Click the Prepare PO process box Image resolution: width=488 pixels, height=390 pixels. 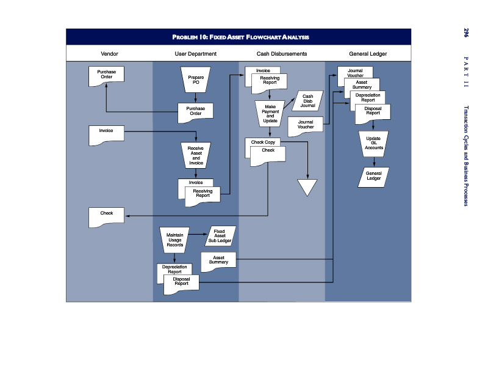(195, 80)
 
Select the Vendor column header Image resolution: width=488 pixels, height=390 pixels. (109, 54)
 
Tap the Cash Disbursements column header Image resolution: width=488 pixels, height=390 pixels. (282, 54)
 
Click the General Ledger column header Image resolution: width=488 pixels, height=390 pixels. (368, 54)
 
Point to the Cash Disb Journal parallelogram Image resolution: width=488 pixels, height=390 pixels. (307, 101)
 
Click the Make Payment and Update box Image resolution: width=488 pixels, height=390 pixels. (270, 114)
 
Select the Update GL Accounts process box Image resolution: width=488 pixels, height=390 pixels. (373, 144)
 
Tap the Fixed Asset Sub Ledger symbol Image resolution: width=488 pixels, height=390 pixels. (220, 236)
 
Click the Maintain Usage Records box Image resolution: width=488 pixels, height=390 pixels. (174, 240)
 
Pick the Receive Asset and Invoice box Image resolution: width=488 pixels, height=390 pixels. (196, 155)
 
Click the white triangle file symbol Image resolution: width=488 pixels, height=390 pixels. (307, 187)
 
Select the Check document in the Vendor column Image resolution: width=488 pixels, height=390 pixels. (106, 218)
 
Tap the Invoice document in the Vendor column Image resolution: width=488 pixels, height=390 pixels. (106, 136)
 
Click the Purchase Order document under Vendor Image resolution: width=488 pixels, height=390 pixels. (106, 76)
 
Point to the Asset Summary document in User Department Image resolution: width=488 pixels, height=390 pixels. (218, 262)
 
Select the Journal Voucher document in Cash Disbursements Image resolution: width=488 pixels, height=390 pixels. (306, 127)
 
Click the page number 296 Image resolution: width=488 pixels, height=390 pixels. (466, 33)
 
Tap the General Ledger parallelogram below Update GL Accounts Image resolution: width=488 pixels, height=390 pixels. (373, 177)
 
